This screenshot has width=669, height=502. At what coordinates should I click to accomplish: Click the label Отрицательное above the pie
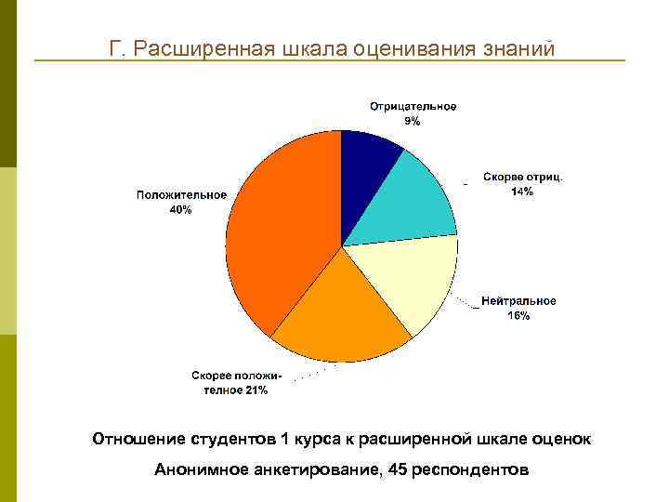(x=413, y=107)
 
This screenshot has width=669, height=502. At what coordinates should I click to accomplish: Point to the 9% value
(x=412, y=121)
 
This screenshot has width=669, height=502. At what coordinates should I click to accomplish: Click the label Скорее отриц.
(x=523, y=178)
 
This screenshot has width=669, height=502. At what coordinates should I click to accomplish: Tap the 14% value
(x=522, y=192)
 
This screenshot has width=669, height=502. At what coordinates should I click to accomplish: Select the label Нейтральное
(x=518, y=301)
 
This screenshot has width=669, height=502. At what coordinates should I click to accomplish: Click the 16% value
(x=518, y=316)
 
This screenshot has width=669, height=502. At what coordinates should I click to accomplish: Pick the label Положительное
(x=181, y=195)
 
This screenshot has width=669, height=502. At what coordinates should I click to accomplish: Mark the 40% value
(x=180, y=210)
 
